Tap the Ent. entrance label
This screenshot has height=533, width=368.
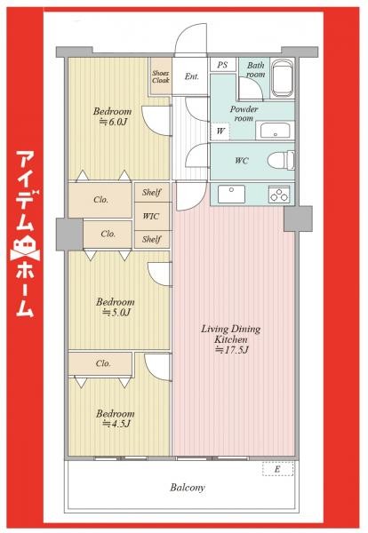coord(191,77)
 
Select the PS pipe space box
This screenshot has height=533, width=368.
coord(221,65)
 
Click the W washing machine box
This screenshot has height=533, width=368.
coord(220,131)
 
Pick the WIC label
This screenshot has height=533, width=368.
coord(152,215)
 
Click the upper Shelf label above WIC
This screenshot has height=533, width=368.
coord(152,192)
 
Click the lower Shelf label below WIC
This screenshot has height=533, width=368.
coord(152,238)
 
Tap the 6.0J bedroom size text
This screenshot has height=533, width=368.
coord(115,122)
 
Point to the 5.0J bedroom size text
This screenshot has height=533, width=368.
coord(116,313)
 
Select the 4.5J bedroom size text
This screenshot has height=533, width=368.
coord(116,424)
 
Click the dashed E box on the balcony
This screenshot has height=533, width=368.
coord(277,470)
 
